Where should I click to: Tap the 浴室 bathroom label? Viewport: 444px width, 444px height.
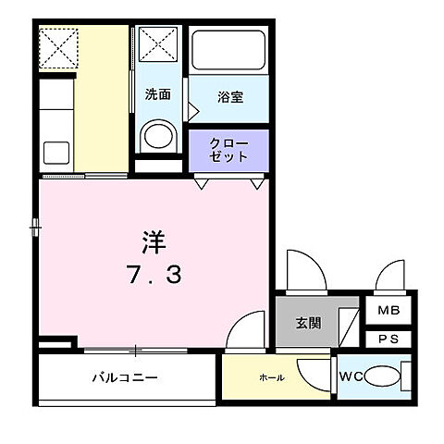pyautogui.click(x=230, y=96)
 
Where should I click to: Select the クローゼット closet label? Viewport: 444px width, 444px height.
pyautogui.click(x=229, y=150)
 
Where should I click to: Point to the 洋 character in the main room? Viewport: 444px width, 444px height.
pyautogui.click(x=153, y=242)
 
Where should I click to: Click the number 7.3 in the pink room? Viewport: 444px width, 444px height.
pyautogui.click(x=153, y=274)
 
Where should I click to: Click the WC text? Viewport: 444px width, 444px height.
pyautogui.click(x=351, y=376)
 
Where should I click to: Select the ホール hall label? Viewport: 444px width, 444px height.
pyautogui.click(x=271, y=377)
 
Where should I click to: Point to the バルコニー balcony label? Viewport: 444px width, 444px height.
pyautogui.click(x=125, y=377)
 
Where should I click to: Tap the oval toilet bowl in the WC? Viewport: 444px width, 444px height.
pyautogui.click(x=380, y=376)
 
